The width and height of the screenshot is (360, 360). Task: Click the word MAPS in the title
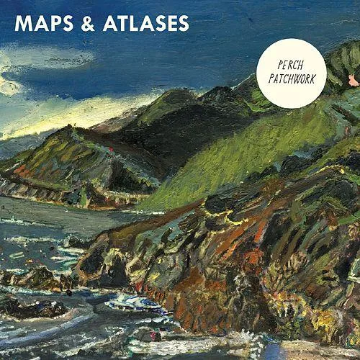coord(47,23)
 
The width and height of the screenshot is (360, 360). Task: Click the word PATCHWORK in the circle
coord(292,78)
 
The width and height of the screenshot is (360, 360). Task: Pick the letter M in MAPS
coord(24,23)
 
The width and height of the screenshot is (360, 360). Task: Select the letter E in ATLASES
coord(170,23)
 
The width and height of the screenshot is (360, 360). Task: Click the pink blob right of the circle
coord(353,80)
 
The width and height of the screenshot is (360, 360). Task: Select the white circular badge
coord(292,72)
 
